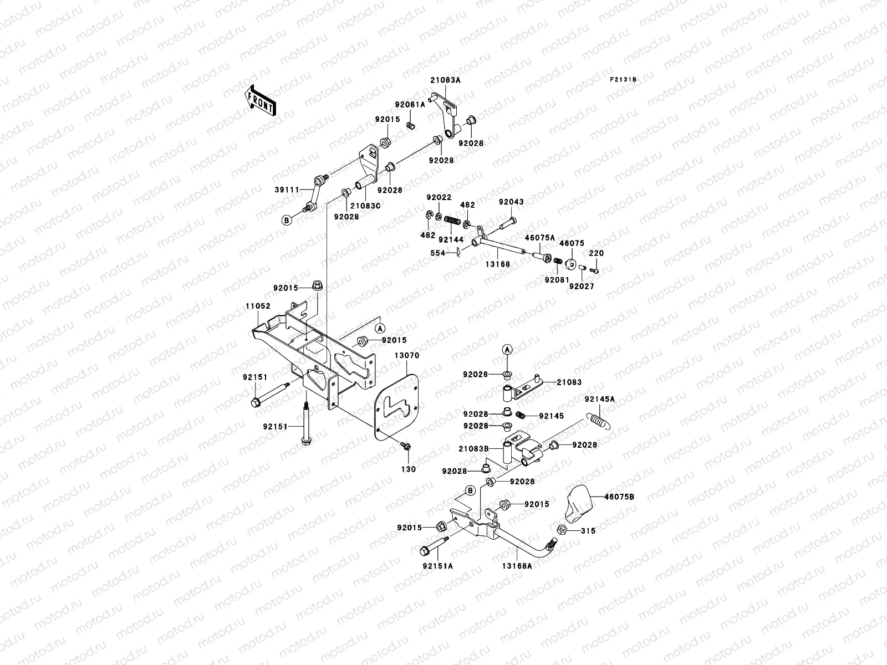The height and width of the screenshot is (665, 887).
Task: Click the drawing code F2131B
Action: [623, 79]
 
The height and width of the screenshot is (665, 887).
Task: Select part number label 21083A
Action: [445, 80]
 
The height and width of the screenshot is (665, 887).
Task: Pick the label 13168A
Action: [518, 566]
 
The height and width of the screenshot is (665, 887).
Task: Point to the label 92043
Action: [511, 202]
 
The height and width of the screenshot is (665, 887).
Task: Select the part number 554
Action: [438, 253]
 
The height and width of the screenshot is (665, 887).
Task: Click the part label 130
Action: [408, 469]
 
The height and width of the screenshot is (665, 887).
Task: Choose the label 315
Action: [588, 531]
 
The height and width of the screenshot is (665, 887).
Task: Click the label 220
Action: [597, 253]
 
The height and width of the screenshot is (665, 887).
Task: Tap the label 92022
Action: [439, 197]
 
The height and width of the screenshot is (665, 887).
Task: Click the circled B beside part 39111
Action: [287, 221]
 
